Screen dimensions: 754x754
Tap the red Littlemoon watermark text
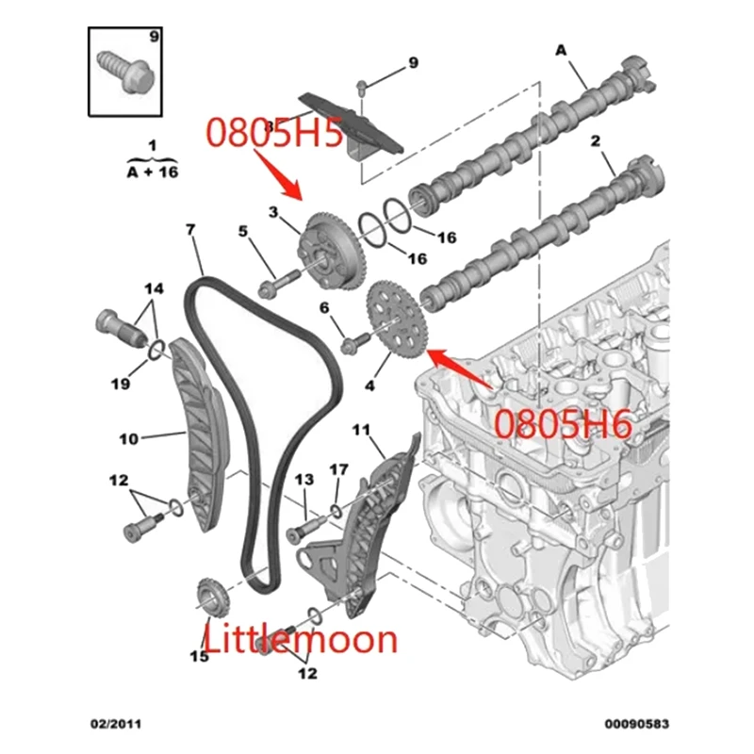click(302, 639)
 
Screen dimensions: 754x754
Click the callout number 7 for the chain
click(191, 230)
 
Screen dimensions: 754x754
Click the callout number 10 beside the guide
click(129, 438)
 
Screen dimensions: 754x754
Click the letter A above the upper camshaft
click(562, 49)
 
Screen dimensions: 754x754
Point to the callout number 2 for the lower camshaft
click(595, 141)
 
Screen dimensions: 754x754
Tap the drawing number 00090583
click(637, 724)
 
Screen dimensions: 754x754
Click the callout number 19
click(120, 383)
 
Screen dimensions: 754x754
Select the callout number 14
click(153, 287)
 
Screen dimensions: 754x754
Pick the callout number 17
click(339, 468)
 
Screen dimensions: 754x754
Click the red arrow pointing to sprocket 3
click(284, 175)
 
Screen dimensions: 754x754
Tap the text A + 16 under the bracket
click(152, 172)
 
